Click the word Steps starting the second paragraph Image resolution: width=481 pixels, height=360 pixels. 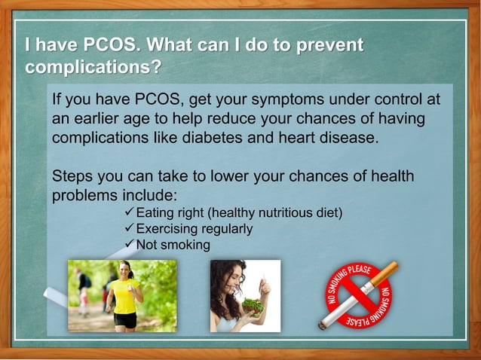pyautogui.click(x=72, y=177)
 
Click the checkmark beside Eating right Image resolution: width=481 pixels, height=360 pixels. pyautogui.click(x=128, y=213)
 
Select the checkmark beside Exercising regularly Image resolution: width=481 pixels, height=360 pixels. pyautogui.click(x=128, y=229)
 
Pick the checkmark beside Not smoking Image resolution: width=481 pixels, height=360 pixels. pyautogui.click(x=128, y=245)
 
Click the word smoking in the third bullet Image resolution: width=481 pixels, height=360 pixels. pyautogui.click(x=185, y=246)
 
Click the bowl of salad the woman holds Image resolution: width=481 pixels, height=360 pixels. pyautogui.click(x=252, y=305)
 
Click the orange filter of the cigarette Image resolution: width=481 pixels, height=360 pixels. pyautogui.click(x=385, y=273)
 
